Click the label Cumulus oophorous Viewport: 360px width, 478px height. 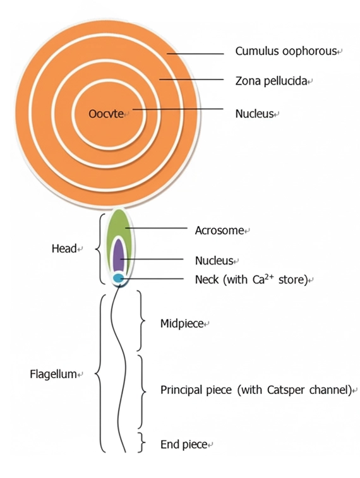[285, 51]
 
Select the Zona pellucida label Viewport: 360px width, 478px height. [271, 81]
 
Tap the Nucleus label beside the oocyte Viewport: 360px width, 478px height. [255, 114]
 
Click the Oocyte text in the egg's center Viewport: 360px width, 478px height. [106, 114]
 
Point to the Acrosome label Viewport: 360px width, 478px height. [219, 230]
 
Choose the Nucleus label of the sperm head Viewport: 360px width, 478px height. [214, 261]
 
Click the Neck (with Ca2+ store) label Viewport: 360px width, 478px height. [251, 279]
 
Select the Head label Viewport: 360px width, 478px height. [64, 248]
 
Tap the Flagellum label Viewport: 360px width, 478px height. [53, 374]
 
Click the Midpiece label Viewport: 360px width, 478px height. [182, 323]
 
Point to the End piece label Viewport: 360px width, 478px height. [184, 445]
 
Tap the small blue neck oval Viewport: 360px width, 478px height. [118, 278]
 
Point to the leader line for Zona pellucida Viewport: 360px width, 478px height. [191, 80]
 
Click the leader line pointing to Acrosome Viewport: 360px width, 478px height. [157, 228]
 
